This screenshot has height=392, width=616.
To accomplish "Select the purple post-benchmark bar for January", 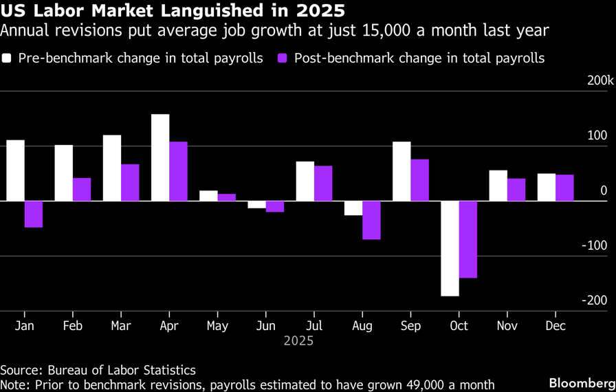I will click(33, 214).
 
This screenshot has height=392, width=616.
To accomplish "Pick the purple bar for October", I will click(468, 239).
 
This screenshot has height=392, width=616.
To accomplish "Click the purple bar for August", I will click(371, 220).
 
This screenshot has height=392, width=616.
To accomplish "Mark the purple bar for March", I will click(130, 182).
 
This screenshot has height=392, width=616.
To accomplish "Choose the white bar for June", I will click(256, 204).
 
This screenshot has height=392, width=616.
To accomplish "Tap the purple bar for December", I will click(564, 188).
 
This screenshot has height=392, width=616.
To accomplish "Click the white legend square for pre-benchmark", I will click(8, 58).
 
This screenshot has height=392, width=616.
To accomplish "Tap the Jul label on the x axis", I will click(313, 325).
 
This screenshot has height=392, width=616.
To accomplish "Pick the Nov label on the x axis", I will click(507, 325).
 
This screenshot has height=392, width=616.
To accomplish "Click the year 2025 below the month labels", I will click(298, 341).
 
